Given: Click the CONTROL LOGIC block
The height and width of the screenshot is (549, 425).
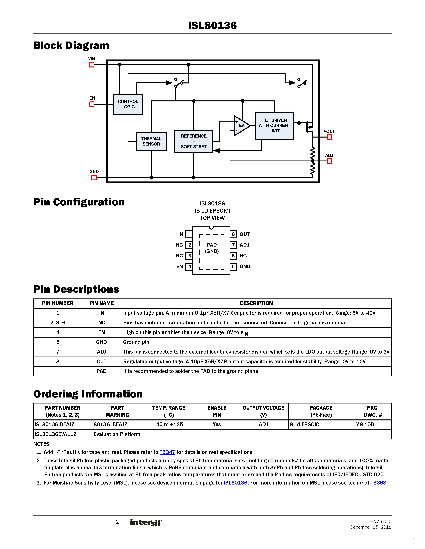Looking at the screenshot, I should pyautogui.click(x=128, y=104).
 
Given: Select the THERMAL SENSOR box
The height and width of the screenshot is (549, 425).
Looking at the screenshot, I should pyautogui.click(x=151, y=141).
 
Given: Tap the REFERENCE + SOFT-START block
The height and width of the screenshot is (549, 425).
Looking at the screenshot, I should pyautogui.click(x=194, y=141).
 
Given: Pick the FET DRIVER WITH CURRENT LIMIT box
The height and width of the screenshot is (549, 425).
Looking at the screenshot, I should pyautogui.click(x=274, y=125).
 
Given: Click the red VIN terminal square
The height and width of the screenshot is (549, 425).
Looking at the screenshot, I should pyautogui.click(x=92, y=65).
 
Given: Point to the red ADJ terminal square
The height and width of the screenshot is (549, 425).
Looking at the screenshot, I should pyautogui.click(x=330, y=161).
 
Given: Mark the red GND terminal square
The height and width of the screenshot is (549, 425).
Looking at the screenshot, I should pyautogui.click(x=94, y=178).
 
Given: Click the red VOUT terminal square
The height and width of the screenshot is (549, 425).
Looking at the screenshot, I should pyautogui.click(x=330, y=137).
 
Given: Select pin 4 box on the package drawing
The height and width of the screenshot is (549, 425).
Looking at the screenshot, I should pyautogui.click(x=189, y=267).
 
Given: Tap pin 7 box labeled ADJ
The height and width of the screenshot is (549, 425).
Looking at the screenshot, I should pyautogui.click(x=233, y=245).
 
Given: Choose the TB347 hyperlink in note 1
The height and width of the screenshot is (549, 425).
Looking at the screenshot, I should pyautogui.click(x=167, y=452).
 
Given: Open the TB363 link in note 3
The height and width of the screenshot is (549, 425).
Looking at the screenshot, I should pyautogui.click(x=378, y=483).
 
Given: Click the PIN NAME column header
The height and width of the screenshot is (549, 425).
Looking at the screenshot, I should pyautogui.click(x=101, y=303).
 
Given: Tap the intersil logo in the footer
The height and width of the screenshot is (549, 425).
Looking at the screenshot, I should pyautogui.click(x=146, y=522).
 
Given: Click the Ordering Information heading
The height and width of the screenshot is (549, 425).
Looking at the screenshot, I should pyautogui.click(x=88, y=394).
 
